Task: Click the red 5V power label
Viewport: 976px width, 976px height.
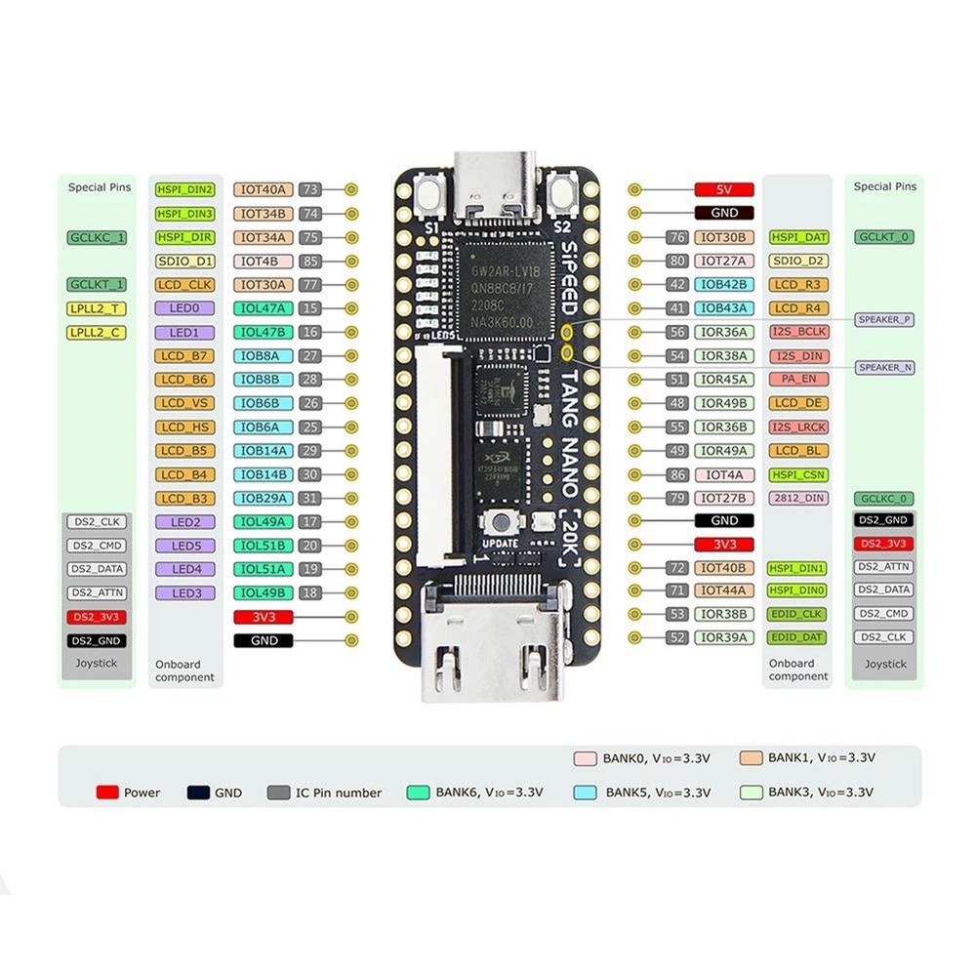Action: pyautogui.click(x=724, y=189)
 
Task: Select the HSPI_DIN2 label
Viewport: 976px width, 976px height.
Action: pyautogui.click(x=184, y=189)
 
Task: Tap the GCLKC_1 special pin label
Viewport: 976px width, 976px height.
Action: pyautogui.click(x=98, y=237)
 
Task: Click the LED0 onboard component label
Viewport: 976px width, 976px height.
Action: pyautogui.click(x=184, y=308)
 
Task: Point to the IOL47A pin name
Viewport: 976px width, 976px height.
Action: pyautogui.click(x=263, y=308)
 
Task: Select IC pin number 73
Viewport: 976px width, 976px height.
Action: pyautogui.click(x=311, y=189)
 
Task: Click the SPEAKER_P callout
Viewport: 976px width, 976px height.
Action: pyautogui.click(x=885, y=319)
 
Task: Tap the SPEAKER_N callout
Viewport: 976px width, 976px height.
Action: pyautogui.click(x=885, y=367)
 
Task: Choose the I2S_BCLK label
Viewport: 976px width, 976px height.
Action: pyautogui.click(x=799, y=332)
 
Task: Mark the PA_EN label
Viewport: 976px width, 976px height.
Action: pyautogui.click(x=799, y=380)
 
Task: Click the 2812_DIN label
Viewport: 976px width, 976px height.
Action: pyautogui.click(x=799, y=498)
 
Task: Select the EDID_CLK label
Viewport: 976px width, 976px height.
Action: pyautogui.click(x=799, y=614)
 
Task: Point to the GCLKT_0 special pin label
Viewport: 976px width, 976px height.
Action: pyautogui.click(x=885, y=237)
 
